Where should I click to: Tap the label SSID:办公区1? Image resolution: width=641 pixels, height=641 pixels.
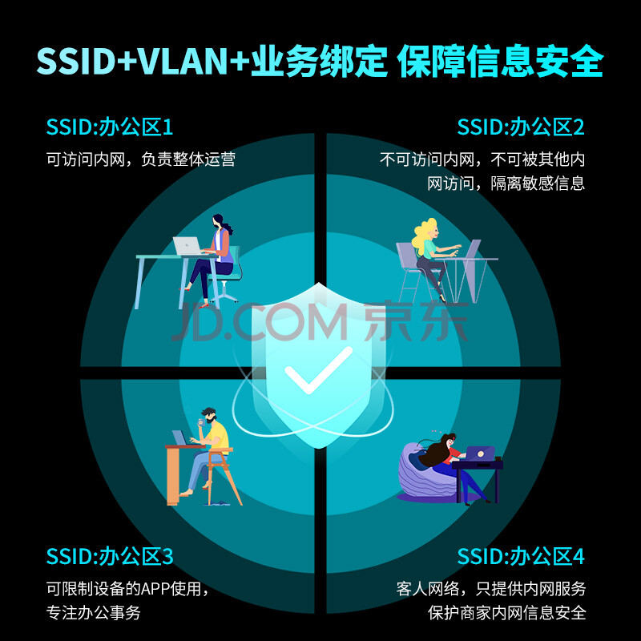click(x=110, y=127)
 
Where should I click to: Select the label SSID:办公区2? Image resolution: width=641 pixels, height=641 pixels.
click(x=521, y=127)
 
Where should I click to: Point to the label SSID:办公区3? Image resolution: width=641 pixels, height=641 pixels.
click(x=110, y=557)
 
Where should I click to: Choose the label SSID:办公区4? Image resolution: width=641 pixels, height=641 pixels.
click(x=521, y=557)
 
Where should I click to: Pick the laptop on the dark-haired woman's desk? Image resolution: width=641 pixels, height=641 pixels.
click(x=187, y=246)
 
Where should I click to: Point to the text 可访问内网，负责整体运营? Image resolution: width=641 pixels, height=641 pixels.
click(x=141, y=159)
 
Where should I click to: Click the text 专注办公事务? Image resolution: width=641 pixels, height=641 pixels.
click(x=94, y=613)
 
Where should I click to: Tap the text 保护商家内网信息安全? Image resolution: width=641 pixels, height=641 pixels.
click(x=507, y=613)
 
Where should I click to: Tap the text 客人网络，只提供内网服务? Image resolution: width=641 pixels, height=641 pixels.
click(x=491, y=589)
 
